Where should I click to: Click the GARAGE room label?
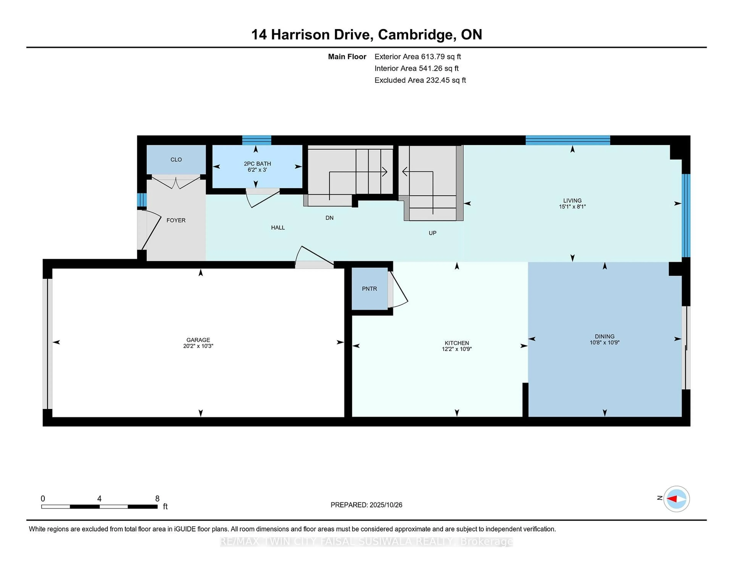coord(198,340)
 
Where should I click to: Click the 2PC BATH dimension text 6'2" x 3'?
coord(257,170)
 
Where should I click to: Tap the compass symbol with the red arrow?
coord(676,499)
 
